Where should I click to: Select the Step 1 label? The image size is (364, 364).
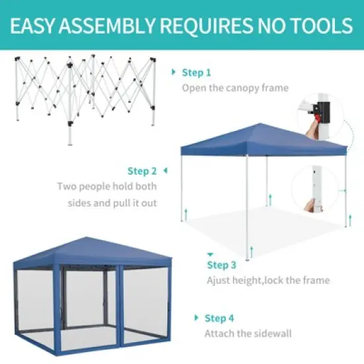[197, 73]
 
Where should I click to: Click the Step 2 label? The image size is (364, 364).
[142, 171]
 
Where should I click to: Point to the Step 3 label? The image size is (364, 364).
[222, 265]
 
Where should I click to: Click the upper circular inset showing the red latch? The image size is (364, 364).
[322, 116]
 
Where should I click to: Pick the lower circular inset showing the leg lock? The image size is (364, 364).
[318, 189]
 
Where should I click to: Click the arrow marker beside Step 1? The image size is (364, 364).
[173, 72]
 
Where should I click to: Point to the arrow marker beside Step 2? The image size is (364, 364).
[165, 171]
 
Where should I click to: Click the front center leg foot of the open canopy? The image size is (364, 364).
[248, 257]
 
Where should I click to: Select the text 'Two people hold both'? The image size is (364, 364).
[107, 187]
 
